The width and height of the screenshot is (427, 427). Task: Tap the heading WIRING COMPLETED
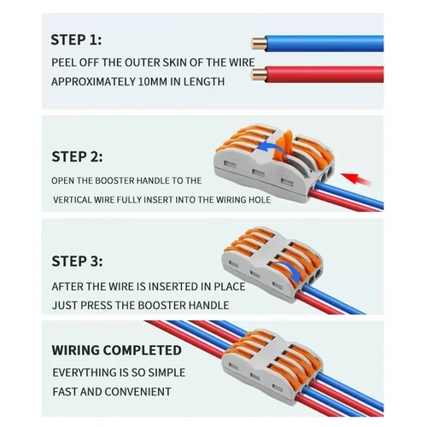pos(117,350)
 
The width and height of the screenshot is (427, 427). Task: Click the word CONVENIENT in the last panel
pos(135,392)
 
